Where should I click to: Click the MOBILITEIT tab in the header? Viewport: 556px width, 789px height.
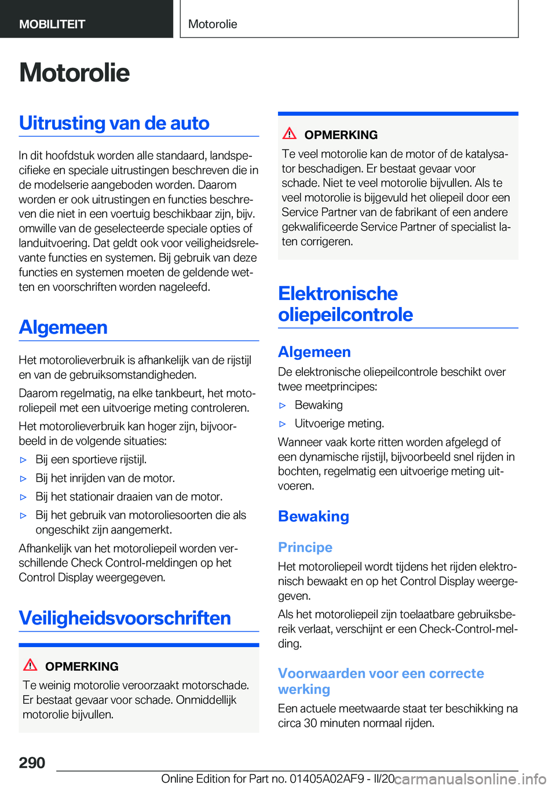click(52, 24)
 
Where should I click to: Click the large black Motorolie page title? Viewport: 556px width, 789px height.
click(74, 73)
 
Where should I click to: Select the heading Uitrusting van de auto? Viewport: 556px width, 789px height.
click(114, 123)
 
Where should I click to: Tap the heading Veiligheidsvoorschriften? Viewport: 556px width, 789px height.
click(125, 618)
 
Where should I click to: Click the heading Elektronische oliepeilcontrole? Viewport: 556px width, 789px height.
click(345, 304)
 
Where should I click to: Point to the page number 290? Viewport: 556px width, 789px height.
click(32, 762)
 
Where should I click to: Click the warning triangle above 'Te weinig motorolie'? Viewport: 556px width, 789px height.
click(30, 664)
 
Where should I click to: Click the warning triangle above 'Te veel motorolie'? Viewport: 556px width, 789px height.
click(290, 133)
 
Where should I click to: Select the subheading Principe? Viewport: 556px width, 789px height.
click(305, 547)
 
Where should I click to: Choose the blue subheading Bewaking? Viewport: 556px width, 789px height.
click(313, 516)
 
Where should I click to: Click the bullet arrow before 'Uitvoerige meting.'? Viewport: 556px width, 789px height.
click(283, 424)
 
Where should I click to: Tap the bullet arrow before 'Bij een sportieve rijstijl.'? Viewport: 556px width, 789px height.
click(24, 460)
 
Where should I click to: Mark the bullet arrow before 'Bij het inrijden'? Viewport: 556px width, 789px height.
click(24, 478)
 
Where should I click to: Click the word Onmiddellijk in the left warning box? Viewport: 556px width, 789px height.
click(206, 700)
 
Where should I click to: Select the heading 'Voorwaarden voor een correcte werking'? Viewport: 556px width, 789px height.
click(381, 681)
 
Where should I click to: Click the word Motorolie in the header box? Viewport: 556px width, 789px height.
click(213, 24)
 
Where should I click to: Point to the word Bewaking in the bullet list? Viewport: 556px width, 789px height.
click(319, 405)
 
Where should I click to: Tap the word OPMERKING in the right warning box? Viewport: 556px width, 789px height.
click(341, 135)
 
